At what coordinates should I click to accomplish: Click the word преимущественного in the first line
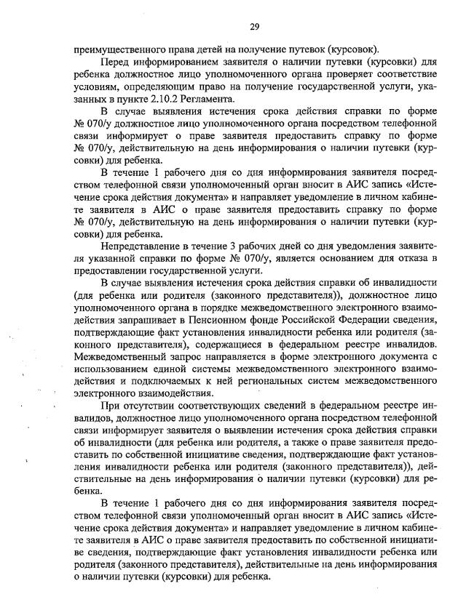pos(119,49)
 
